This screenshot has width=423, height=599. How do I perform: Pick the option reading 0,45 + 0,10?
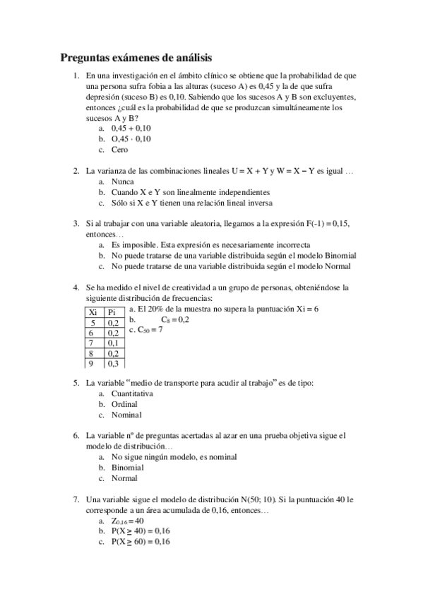click(131, 129)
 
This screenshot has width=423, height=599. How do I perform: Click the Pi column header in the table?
click(112, 312)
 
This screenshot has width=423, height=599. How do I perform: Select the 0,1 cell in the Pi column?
click(112, 343)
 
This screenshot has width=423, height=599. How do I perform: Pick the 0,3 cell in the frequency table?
click(112, 364)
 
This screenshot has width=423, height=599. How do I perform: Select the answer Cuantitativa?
click(132, 393)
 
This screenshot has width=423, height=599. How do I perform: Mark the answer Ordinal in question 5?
click(124, 404)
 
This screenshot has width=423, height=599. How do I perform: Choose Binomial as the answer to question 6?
click(127, 468)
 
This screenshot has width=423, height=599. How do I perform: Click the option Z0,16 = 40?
click(128, 521)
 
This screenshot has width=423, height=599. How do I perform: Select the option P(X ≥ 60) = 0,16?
click(141, 542)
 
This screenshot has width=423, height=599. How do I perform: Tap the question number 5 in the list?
click(76, 383)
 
